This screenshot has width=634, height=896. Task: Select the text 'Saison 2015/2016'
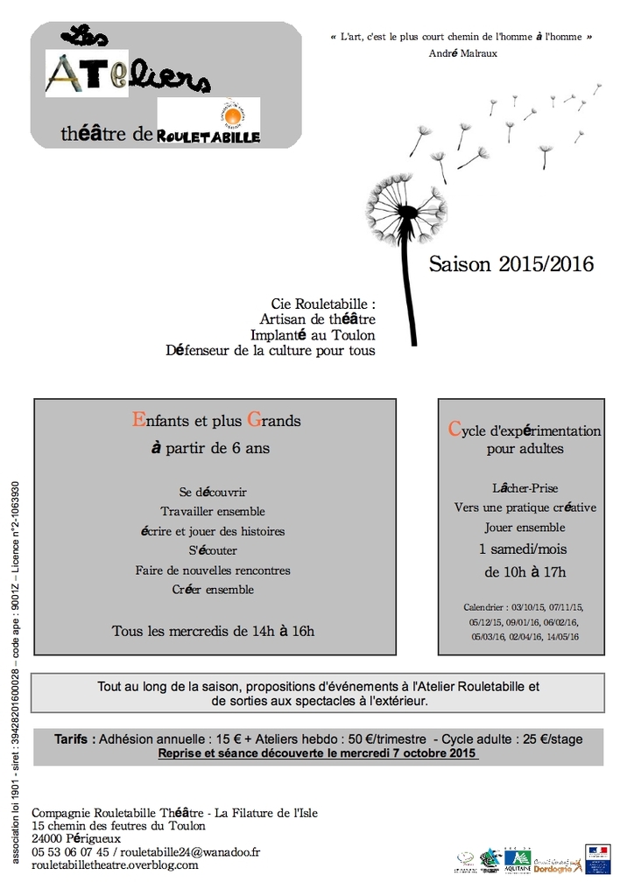pos(511,264)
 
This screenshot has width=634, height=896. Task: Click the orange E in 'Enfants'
pos(137,420)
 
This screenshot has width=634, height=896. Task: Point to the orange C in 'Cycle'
pos(454,429)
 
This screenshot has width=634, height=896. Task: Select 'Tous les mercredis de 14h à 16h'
pos(213,630)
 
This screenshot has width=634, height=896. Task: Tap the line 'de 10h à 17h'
pos(525,572)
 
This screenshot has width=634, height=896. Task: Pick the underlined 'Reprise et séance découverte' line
pos(317,752)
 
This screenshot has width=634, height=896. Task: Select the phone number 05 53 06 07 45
pos(70,851)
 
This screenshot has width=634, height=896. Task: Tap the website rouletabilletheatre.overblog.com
pos(115,864)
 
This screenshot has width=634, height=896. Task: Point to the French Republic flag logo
pos(598,858)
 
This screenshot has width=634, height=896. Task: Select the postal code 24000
pos(47,838)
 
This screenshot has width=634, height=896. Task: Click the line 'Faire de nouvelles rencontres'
pos(213,570)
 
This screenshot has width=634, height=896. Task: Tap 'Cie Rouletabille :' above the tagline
pos(323,305)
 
